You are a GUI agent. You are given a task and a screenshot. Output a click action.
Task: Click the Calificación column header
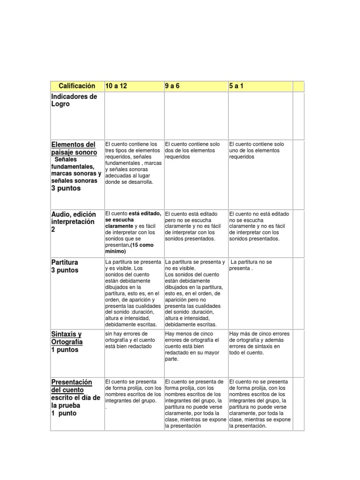click(x=77, y=86)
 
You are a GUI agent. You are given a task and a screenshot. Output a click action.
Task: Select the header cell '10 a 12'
click(x=116, y=86)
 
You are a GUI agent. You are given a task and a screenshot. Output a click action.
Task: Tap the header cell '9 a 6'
click(x=172, y=86)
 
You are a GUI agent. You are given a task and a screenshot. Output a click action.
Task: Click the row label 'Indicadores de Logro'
click(x=74, y=100)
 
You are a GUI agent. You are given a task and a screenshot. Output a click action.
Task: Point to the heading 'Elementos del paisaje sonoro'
click(x=74, y=149)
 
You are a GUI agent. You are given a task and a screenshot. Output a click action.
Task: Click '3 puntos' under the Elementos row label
click(x=66, y=188)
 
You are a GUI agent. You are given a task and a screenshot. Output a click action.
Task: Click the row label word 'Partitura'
click(x=65, y=262)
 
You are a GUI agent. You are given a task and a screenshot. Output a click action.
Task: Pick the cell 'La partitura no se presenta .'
click(x=252, y=265)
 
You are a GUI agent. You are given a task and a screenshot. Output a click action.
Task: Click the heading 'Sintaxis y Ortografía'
click(x=67, y=338)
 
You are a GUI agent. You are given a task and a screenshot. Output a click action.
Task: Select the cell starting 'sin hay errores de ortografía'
click(x=133, y=340)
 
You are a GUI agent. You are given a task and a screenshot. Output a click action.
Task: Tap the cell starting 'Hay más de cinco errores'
click(x=259, y=343)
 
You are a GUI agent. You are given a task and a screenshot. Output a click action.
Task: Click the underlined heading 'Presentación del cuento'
click(x=71, y=386)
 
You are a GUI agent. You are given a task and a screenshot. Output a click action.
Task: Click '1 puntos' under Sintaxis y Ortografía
click(x=65, y=350)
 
